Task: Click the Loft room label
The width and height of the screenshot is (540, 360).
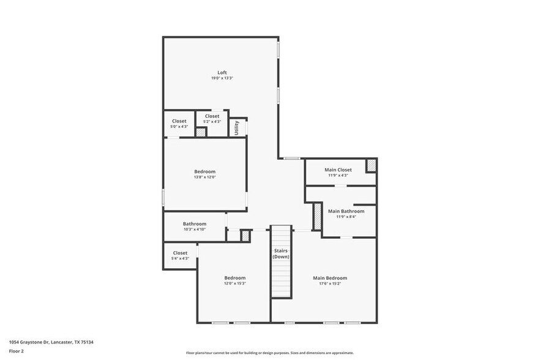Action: point(222,72)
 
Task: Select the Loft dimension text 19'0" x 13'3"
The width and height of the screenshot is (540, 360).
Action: point(222,78)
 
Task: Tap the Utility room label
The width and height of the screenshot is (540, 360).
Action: point(236,127)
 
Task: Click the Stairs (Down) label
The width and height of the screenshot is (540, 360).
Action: point(281,253)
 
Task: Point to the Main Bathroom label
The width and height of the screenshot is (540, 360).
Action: point(346,211)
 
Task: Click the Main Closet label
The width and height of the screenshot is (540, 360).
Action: point(338,170)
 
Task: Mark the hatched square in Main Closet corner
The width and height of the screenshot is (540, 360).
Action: point(371,165)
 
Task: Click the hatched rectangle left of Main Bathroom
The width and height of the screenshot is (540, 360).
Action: point(317,216)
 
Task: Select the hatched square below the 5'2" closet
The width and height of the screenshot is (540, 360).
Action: point(201,132)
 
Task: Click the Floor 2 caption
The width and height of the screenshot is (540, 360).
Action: point(16,351)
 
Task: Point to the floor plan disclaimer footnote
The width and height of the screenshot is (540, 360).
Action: point(269,353)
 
